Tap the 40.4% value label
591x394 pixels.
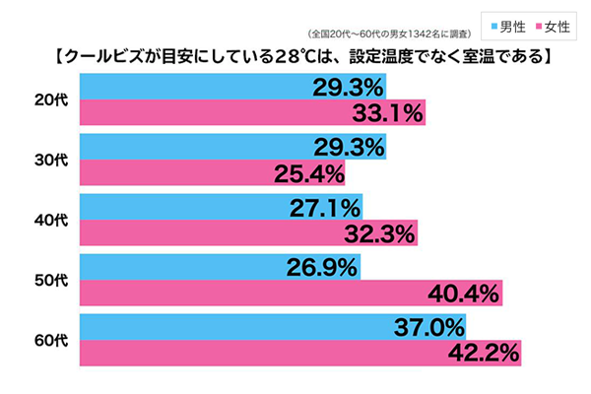pyautogui.click(x=463, y=293)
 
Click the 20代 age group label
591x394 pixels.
pyautogui.click(x=45, y=98)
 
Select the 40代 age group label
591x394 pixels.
pyautogui.click(x=45, y=221)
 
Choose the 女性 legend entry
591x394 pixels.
pyautogui.click(x=549, y=21)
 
